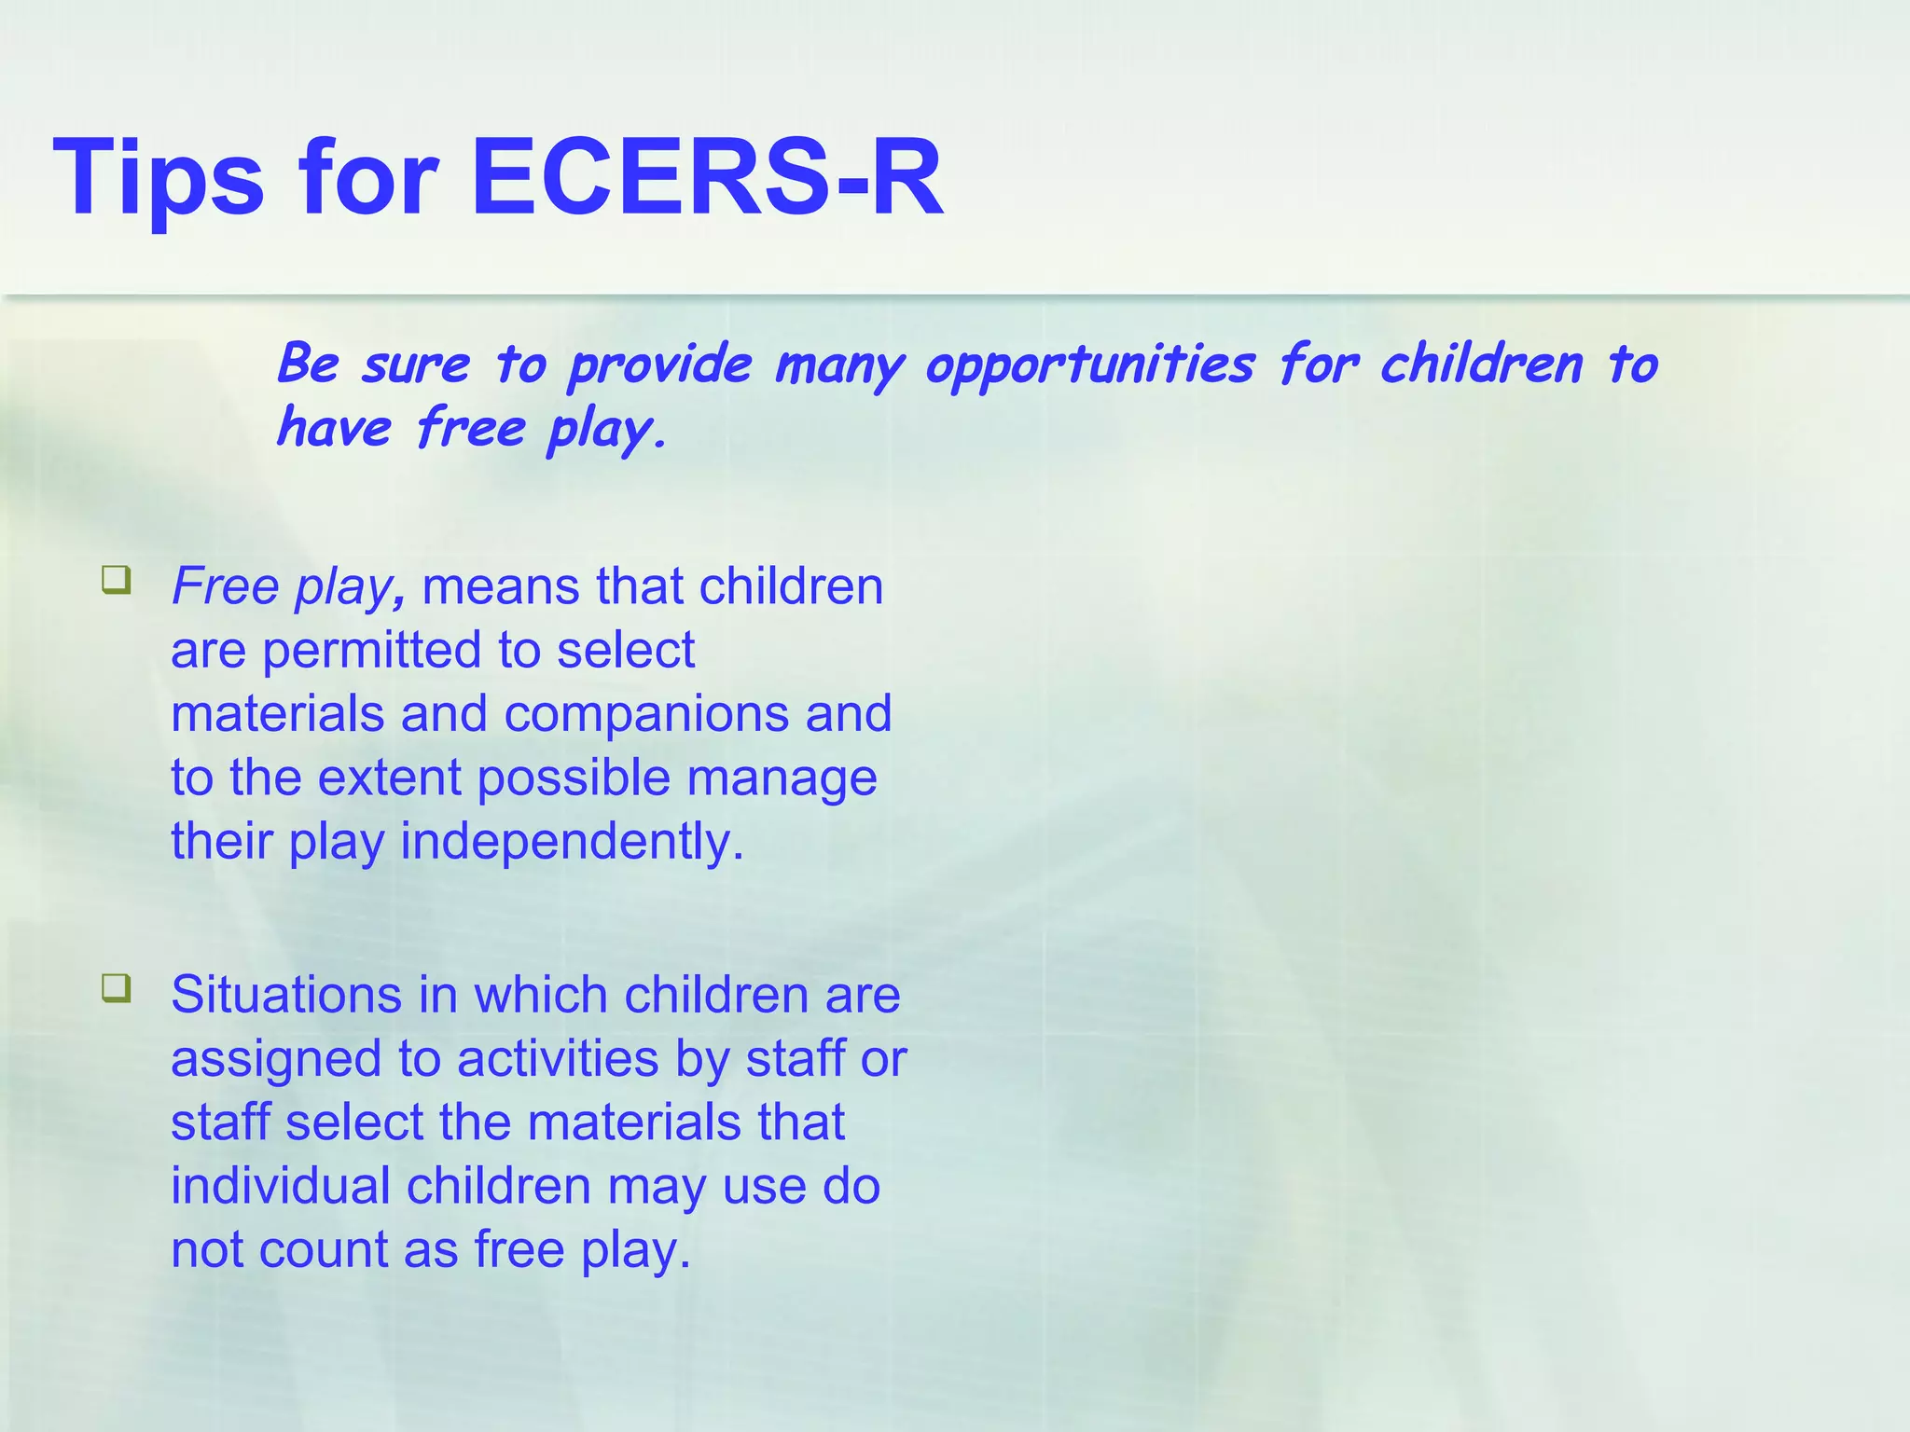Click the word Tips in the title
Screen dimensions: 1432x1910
coord(159,177)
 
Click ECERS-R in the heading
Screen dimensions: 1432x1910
coord(707,177)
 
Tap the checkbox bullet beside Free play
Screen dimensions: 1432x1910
coord(117,581)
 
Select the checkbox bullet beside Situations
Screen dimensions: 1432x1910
coord(117,988)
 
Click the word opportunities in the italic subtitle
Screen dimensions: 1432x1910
coord(1089,366)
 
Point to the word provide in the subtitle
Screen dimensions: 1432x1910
coord(660,366)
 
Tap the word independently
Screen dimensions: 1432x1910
coord(572,842)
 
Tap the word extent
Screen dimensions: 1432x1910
coord(389,778)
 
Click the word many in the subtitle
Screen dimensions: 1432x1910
coord(839,366)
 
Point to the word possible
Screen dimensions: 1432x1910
coord(574,778)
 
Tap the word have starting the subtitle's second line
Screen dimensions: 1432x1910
coord(334,429)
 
